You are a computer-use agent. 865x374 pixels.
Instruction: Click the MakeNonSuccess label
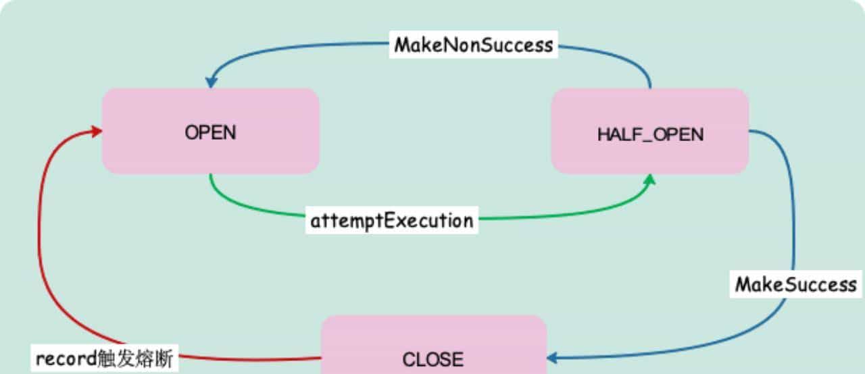point(474,45)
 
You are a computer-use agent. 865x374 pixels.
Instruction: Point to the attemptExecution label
point(392,221)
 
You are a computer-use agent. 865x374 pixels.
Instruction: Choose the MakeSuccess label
point(795,284)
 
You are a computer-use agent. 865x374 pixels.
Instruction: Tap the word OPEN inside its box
point(210,132)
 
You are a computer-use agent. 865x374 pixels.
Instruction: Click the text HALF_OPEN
point(649,134)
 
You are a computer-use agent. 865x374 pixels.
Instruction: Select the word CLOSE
point(433,359)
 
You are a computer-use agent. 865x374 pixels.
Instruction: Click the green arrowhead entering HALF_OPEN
point(649,180)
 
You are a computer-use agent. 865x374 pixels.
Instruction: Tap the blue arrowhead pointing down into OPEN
point(211,82)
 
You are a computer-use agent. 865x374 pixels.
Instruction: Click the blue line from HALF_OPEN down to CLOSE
point(793,223)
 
